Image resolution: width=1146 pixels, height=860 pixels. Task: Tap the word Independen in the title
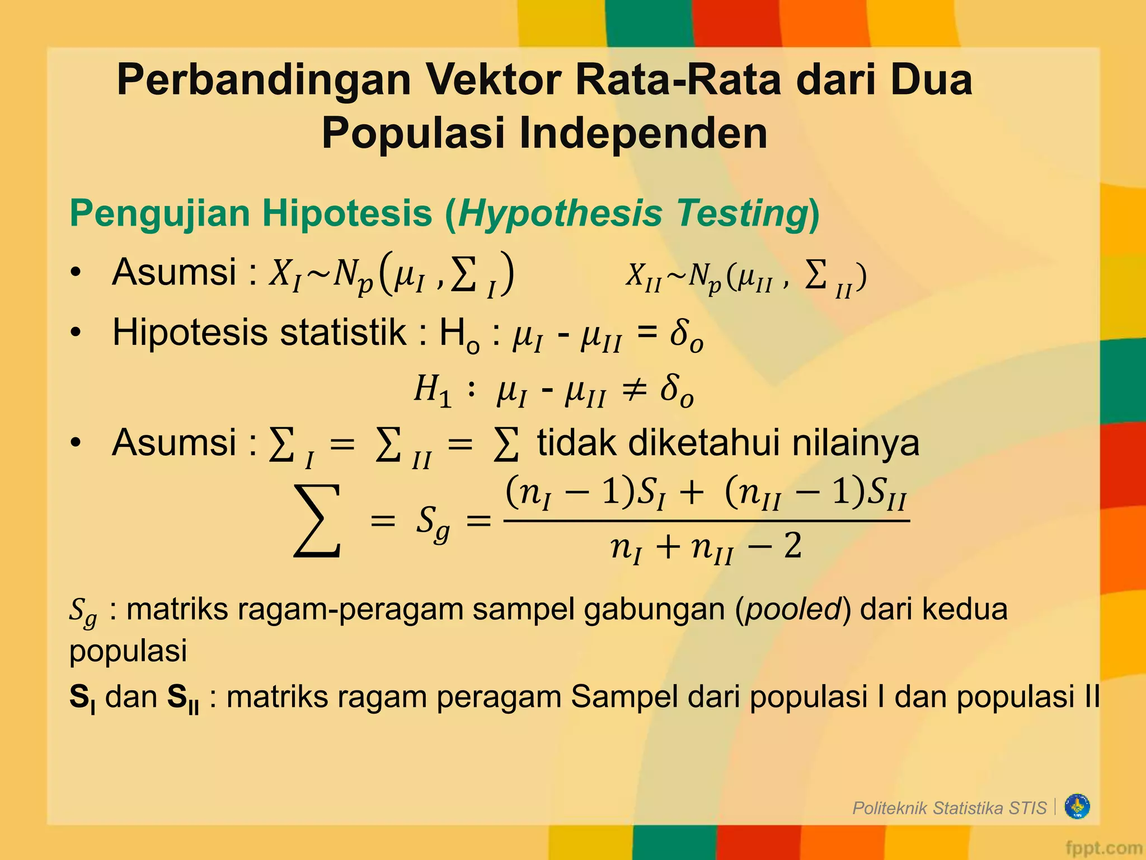(643, 134)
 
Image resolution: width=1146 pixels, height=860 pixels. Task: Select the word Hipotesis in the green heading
(347, 213)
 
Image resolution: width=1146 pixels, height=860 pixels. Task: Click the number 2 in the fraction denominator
(793, 546)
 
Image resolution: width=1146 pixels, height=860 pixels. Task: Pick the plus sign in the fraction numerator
(692, 493)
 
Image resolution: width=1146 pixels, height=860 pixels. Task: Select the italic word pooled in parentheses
(793, 609)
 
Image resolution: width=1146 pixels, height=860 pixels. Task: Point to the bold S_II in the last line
(182, 698)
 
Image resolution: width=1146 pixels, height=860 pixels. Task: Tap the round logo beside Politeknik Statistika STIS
(1077, 807)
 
